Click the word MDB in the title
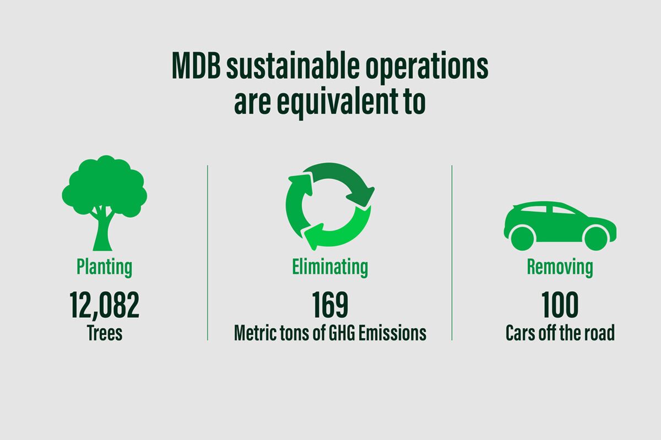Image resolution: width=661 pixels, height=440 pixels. tap(196, 65)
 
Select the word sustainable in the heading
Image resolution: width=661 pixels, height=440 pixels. tap(292, 65)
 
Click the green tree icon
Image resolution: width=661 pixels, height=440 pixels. tap(105, 203)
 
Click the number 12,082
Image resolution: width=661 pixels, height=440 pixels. tap(105, 305)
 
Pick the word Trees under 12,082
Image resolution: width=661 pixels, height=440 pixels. tap(105, 333)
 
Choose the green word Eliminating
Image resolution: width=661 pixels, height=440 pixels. tap(330, 268)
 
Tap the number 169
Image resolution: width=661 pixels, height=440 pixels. tap(330, 305)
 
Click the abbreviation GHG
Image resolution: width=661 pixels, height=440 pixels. tap(342, 333)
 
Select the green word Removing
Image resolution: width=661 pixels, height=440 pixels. tap(560, 268)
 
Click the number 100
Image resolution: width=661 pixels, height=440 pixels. tap(560, 305)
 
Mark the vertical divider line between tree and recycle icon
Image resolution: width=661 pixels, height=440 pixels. tap(208, 253)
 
